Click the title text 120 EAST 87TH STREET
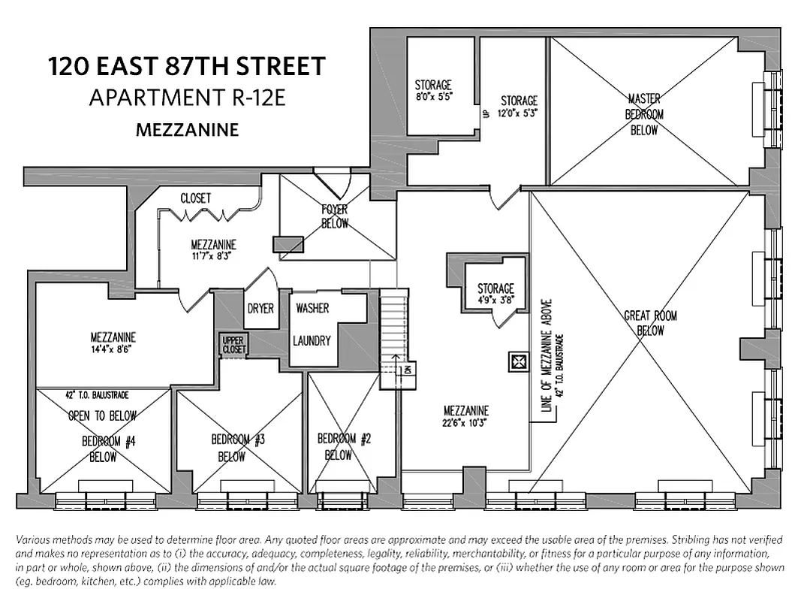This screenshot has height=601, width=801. [188, 67]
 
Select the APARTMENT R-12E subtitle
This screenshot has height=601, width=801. [188, 98]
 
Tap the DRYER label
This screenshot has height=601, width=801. [260, 309]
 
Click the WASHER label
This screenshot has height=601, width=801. [312, 308]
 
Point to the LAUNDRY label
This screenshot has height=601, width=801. [312, 340]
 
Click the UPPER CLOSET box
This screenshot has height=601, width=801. [233, 345]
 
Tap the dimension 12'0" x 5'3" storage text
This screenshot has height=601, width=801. [519, 113]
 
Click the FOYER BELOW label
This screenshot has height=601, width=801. [335, 216]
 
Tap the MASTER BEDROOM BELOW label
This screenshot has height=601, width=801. [644, 113]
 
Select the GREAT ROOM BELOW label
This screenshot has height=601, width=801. [650, 323]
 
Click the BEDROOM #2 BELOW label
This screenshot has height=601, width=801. [345, 446]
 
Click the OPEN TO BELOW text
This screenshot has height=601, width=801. [102, 415]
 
